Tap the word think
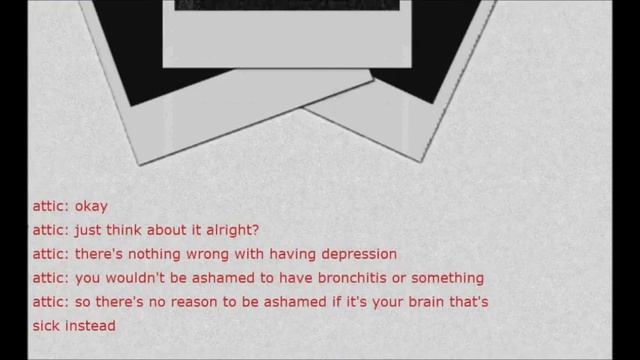(x=130, y=231)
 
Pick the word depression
(x=356, y=254)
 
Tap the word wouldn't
(x=149, y=278)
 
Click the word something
(x=444, y=278)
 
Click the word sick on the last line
(x=47, y=325)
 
